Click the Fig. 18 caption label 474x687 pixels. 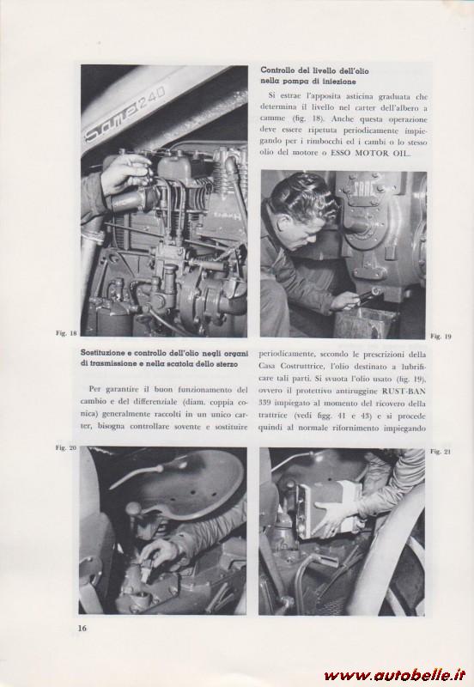[66, 333]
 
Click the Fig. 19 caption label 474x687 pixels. [441, 337]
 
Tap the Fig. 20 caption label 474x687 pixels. [66, 447]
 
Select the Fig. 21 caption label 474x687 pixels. [441, 452]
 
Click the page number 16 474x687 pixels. [82, 628]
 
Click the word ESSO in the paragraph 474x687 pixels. [343, 154]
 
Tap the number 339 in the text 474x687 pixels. [264, 403]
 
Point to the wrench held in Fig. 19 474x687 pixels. [368, 295]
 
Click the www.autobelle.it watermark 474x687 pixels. [395, 675]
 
